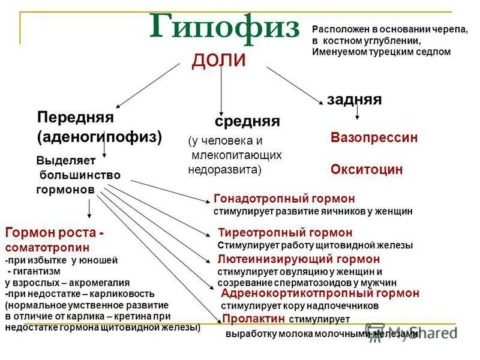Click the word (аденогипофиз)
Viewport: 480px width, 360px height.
[x=100, y=136]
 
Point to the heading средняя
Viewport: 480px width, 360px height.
[x=247, y=121]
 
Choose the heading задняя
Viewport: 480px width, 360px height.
[x=354, y=99]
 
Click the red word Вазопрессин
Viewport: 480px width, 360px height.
[x=374, y=137]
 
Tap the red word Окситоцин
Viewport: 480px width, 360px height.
[x=367, y=170]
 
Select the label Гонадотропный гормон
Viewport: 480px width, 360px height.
[x=284, y=199]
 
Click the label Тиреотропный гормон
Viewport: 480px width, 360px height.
[x=285, y=233]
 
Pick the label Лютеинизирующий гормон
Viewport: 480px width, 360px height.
[x=298, y=259]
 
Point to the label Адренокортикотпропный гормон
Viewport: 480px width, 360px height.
[x=320, y=293]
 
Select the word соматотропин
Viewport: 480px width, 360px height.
[x=47, y=247]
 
